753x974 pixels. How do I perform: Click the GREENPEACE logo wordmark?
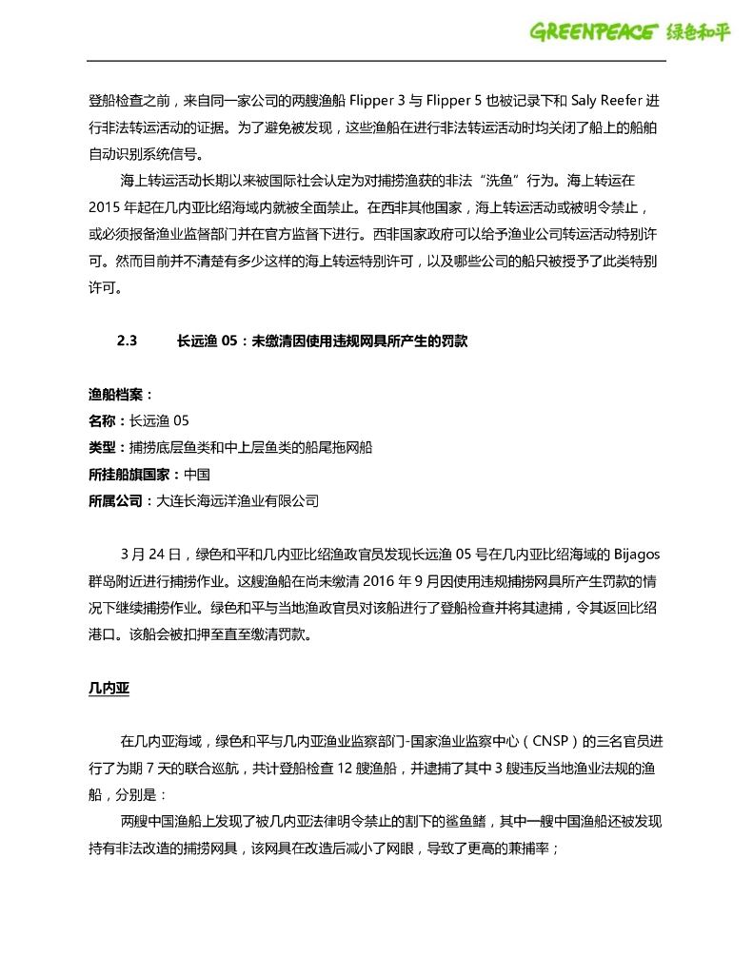pos(593,32)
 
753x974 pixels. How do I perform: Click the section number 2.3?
pos(128,341)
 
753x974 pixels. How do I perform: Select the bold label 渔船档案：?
pos(121,394)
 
